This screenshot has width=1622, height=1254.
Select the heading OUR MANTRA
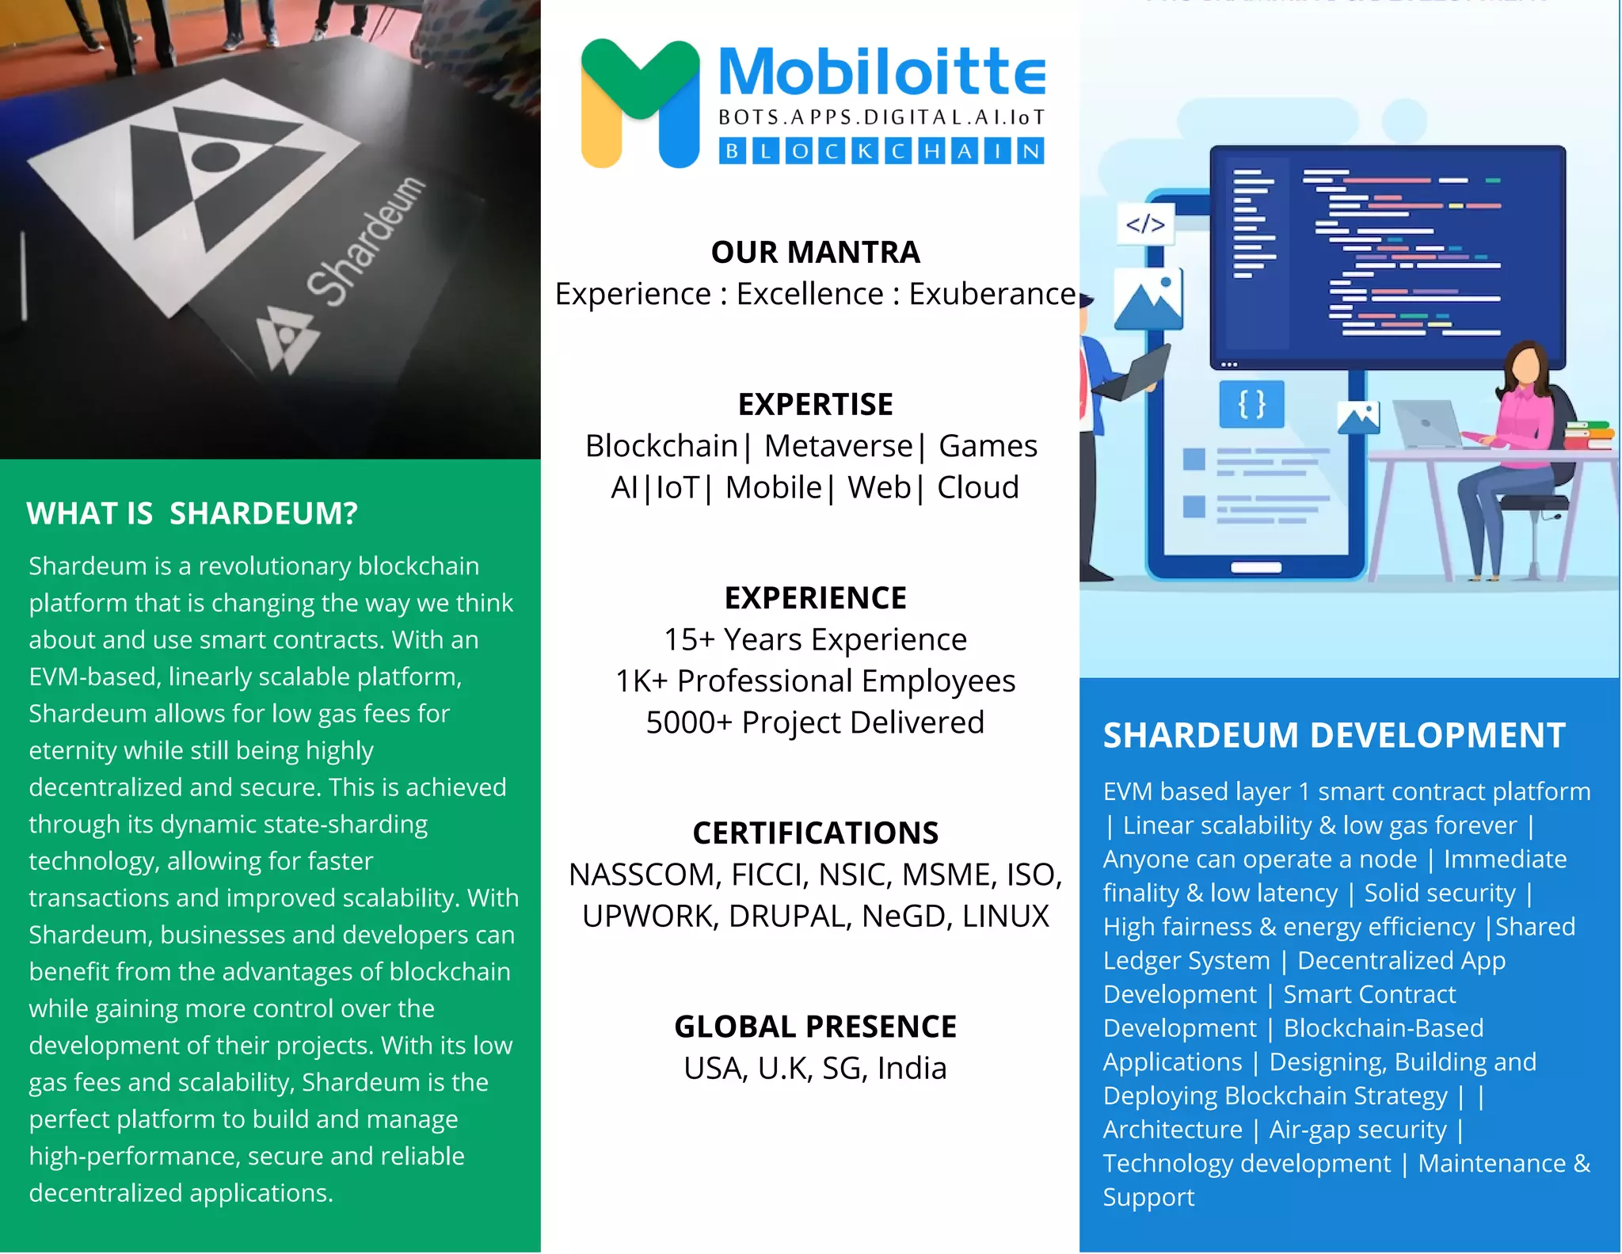point(815,252)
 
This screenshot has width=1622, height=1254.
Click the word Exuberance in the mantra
point(992,294)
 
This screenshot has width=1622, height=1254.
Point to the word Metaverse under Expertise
point(838,446)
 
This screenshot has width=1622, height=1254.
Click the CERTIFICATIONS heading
point(815,833)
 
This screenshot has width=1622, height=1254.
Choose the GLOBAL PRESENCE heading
point(815,1027)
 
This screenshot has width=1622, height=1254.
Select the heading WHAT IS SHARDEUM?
point(192,513)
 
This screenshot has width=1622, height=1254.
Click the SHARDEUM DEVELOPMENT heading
point(1334,735)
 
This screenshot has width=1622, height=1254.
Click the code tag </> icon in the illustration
point(1145,224)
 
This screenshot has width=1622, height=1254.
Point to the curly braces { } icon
point(1251,404)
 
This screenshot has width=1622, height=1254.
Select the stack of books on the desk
point(1589,435)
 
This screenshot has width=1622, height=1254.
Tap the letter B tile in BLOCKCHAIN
point(733,151)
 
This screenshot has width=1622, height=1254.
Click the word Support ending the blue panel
point(1148,1197)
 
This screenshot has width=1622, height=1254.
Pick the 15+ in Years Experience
point(689,639)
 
